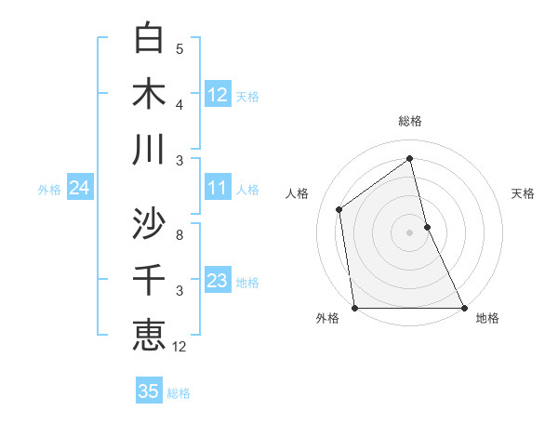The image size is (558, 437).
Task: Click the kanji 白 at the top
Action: (150, 38)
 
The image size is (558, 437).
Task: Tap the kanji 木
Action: (150, 94)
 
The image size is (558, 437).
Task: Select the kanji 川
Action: (150, 150)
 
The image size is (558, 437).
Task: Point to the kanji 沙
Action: (150, 223)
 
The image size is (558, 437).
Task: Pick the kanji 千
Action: (150, 280)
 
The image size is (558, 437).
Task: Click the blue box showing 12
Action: (218, 95)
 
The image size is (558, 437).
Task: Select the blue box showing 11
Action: (218, 188)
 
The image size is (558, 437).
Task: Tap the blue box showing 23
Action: (218, 281)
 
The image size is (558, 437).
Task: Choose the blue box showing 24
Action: (79, 189)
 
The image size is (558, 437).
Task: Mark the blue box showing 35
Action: (149, 391)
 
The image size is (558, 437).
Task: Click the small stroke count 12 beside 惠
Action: (179, 347)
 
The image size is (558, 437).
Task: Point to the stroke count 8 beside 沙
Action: (179, 235)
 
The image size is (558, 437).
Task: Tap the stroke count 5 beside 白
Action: (179, 49)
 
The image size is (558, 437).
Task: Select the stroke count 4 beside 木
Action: (179, 105)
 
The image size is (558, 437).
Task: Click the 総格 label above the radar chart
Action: (410, 121)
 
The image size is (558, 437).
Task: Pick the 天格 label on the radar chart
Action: (524, 193)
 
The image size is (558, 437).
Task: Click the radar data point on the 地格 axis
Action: (463, 307)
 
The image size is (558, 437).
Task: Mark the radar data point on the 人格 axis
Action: (339, 209)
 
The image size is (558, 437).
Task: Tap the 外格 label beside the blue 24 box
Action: (49, 190)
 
